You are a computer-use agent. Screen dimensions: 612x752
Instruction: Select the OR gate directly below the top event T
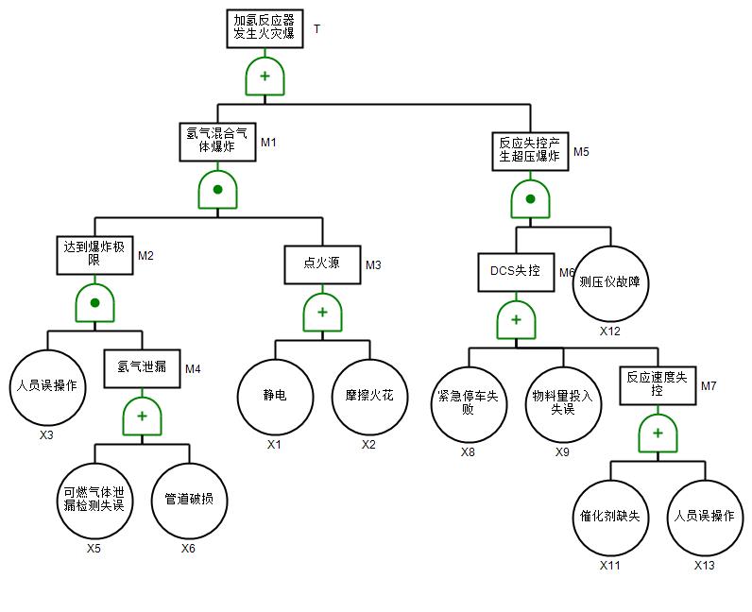(265, 76)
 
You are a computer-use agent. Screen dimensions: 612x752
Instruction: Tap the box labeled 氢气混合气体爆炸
(216, 141)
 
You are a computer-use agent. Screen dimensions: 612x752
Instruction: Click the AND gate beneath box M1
(217, 189)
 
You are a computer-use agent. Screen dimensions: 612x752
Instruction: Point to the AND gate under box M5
(531, 198)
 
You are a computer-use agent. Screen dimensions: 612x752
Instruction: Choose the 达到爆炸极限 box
(94, 254)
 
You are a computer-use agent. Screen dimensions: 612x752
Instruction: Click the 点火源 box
(322, 264)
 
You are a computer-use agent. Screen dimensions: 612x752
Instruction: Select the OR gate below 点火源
(322, 312)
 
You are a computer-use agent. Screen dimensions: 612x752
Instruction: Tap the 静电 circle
(275, 397)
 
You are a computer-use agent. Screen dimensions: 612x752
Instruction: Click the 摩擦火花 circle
(369, 397)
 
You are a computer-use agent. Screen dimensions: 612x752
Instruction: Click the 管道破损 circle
(189, 500)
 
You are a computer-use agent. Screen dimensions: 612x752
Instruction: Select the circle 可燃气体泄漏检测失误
(94, 500)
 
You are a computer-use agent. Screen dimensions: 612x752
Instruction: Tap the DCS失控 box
(516, 272)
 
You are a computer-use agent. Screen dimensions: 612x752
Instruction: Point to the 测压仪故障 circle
(610, 281)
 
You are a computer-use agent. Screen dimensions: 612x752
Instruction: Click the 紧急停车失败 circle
(469, 403)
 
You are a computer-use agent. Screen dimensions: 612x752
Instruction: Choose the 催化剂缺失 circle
(610, 518)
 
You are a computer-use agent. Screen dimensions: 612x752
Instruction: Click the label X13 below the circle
(705, 565)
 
